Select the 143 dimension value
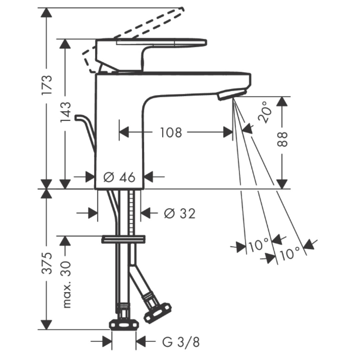[x=65, y=112]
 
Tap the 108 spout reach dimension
[x=171, y=132]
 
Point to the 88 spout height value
[x=282, y=139]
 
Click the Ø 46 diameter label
[x=119, y=177]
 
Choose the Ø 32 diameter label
[x=180, y=213]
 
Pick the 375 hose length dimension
[x=47, y=263]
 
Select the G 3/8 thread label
[x=181, y=342]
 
